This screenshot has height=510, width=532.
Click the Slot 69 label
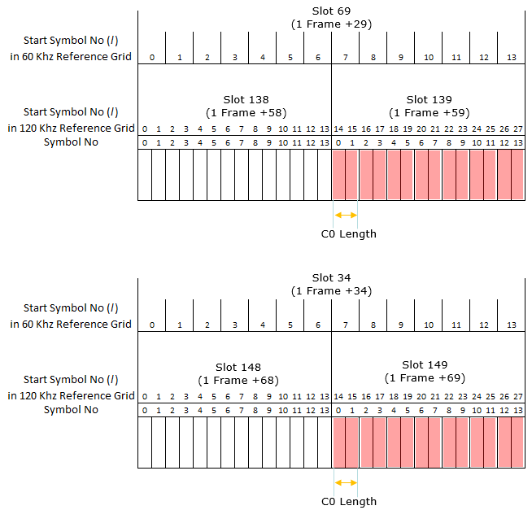pyautogui.click(x=331, y=11)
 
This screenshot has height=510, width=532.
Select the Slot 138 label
pyautogui.click(x=246, y=99)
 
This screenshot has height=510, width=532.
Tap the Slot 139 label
pyautogui.click(x=429, y=99)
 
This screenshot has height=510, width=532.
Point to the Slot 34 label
pyautogui.click(x=331, y=278)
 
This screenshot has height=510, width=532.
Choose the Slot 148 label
pyautogui.click(x=238, y=367)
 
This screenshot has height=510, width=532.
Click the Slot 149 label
pyautogui.click(x=425, y=364)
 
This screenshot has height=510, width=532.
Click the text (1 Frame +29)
pyautogui.click(x=331, y=24)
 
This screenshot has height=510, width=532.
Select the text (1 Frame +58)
pyautogui.click(x=246, y=112)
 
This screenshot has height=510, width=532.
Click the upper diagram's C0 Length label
pyautogui.click(x=349, y=233)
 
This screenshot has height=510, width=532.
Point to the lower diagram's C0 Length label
pyautogui.click(x=349, y=501)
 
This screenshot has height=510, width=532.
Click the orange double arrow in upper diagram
pyautogui.click(x=346, y=215)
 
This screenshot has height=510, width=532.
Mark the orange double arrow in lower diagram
pyautogui.click(x=346, y=482)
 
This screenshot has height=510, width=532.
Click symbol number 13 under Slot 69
pyautogui.click(x=511, y=57)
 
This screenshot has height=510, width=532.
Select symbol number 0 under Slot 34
pyautogui.click(x=151, y=325)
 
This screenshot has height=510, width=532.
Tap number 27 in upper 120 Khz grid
pyautogui.click(x=517, y=129)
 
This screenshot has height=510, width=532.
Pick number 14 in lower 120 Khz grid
pyautogui.click(x=338, y=396)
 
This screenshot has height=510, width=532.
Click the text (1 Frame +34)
pyautogui.click(x=331, y=291)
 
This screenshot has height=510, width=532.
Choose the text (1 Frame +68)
pyautogui.click(x=238, y=380)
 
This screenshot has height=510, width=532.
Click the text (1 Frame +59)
pyautogui.click(x=429, y=112)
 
